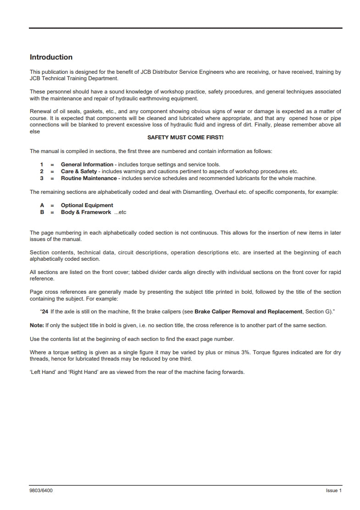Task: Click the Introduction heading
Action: click(51, 57)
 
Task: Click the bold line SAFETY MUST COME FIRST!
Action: click(185, 137)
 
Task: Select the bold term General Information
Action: click(87, 165)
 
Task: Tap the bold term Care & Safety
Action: click(79, 171)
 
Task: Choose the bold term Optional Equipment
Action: click(87, 205)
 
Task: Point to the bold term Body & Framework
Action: click(86, 212)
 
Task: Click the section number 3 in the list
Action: click(41, 178)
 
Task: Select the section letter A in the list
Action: click(42, 205)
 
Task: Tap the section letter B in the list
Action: click(42, 212)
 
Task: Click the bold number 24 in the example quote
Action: click(45, 312)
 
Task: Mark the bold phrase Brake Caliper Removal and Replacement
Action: click(248, 312)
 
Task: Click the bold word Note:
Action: click(36, 325)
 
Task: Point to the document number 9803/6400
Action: click(41, 490)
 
